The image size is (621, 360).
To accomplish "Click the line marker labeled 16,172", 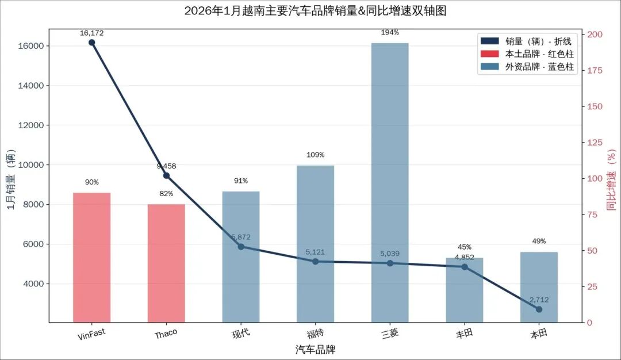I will (x=91, y=43).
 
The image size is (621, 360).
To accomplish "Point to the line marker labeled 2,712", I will (x=539, y=309).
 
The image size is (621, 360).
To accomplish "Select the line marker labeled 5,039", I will (x=390, y=263).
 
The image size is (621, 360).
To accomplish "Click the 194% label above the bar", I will (x=390, y=33).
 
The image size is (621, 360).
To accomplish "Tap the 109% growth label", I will (x=315, y=155).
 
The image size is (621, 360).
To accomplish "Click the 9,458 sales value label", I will (x=166, y=167).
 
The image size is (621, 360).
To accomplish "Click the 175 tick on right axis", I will (x=596, y=70).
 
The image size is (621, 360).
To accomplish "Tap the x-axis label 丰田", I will (x=464, y=333).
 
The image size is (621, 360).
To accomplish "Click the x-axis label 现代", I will (x=241, y=333).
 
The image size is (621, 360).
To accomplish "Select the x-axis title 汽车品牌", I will (x=315, y=349).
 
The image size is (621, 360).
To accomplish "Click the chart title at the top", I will (x=315, y=11).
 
